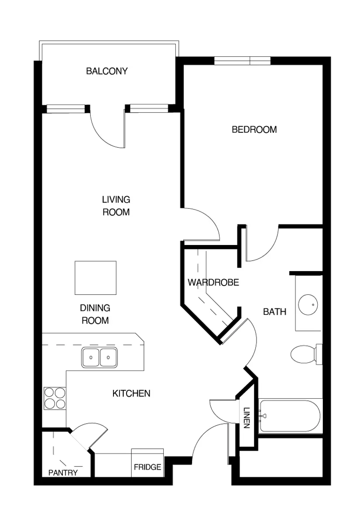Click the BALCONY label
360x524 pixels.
107,71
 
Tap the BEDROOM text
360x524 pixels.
254,130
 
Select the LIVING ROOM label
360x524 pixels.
116,206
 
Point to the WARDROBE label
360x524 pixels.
213,283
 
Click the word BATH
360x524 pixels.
274,312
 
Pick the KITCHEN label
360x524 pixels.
131,393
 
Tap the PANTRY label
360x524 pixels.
63,472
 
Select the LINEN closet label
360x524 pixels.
247,418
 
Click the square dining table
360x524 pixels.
96,278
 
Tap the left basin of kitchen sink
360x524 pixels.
91,358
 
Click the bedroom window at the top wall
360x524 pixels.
242,60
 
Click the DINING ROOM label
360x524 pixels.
95,314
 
